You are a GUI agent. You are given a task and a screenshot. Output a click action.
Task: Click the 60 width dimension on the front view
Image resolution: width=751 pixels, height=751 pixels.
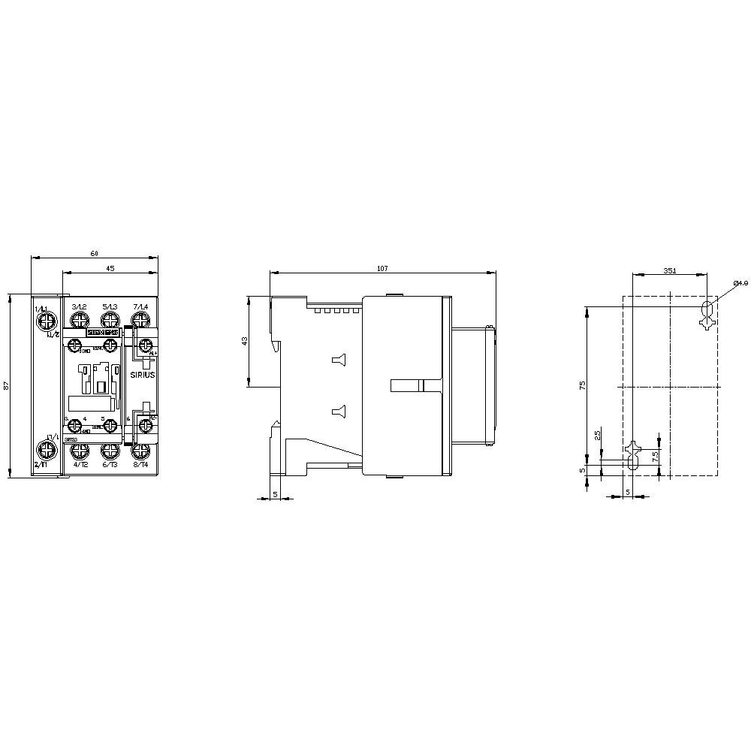click(x=95, y=253)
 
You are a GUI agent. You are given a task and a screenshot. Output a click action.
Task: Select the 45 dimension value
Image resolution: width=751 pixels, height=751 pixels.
click(x=110, y=268)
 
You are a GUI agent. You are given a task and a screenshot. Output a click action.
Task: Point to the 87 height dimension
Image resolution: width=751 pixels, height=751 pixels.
click(x=6, y=385)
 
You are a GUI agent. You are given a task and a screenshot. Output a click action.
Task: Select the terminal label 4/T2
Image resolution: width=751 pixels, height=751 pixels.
click(x=80, y=465)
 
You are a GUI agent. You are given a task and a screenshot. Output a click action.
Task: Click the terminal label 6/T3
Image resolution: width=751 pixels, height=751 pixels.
click(x=110, y=465)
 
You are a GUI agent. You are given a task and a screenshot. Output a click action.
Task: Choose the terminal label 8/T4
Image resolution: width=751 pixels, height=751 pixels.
click(x=140, y=465)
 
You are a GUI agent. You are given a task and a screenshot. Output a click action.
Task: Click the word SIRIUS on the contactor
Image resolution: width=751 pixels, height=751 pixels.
click(x=142, y=374)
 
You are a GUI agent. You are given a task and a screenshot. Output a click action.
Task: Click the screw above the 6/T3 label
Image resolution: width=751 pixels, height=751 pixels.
click(x=110, y=451)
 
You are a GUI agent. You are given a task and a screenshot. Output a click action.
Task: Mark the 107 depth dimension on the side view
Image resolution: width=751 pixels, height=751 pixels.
click(x=382, y=269)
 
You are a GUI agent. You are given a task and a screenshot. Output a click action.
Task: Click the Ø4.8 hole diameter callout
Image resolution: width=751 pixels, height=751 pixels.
click(x=740, y=283)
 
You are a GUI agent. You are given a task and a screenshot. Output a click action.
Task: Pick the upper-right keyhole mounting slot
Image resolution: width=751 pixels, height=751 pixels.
click(x=706, y=314)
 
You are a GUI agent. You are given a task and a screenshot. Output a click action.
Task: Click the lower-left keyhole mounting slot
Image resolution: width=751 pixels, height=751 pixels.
click(x=632, y=456)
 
